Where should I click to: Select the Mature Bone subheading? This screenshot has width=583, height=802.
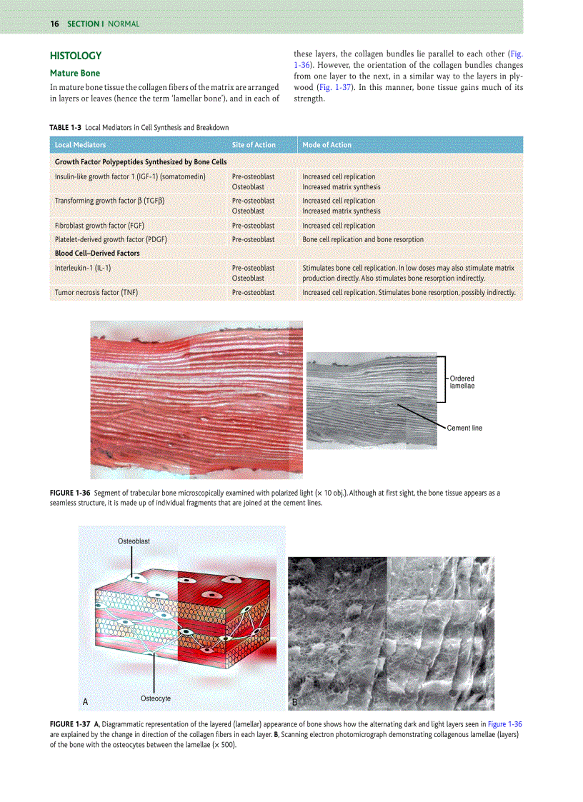74,73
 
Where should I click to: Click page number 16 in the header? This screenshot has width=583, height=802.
54,24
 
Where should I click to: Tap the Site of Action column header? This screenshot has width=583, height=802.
254,145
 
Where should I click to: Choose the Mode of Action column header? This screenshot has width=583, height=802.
327,145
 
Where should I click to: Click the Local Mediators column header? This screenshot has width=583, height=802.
80,145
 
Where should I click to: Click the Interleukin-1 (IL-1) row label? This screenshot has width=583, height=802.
83,268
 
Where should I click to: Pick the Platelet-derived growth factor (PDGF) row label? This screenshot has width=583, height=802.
111,239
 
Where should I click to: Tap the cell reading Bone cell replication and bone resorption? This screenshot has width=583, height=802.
362,239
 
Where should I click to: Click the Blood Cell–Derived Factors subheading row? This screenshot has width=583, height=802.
97,253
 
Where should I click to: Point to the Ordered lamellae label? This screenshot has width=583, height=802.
462,382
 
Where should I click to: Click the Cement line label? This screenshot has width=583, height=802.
464,428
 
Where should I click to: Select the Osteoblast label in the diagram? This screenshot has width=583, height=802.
134,541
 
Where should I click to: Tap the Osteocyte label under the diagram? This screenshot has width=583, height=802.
156,698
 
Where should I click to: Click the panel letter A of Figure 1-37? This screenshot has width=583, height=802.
85,702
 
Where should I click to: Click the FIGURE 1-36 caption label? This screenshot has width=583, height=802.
70,493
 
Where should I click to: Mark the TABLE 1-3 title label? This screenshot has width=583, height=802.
65,127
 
